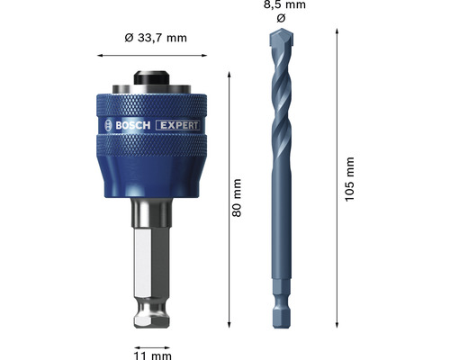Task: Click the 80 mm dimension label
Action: pos(238,207)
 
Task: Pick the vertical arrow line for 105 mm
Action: pos(337,180)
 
